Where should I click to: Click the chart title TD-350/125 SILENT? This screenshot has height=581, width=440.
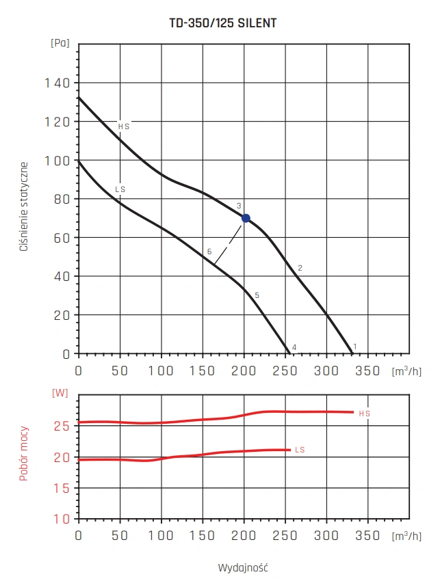point(222,23)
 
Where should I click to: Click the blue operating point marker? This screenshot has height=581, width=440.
point(246,218)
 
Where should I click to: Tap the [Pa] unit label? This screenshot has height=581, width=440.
point(60,42)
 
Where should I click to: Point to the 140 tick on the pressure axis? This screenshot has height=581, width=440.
point(58,83)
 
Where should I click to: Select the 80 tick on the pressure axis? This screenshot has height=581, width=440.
point(62,199)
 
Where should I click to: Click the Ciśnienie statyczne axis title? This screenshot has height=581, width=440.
point(24,206)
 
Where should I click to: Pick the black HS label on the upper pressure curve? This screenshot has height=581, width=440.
point(123,126)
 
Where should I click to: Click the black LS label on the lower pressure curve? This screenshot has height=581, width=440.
point(120,189)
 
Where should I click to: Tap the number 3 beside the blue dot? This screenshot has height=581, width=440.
point(239,206)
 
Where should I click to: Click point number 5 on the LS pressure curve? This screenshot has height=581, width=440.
point(257,295)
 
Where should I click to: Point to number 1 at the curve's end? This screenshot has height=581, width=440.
point(354,347)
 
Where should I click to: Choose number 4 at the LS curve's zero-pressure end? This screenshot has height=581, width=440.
point(294,348)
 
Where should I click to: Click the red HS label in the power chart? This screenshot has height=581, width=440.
point(365,414)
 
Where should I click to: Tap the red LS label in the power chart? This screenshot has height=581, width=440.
point(300,450)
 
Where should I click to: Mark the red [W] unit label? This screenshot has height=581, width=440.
point(60,393)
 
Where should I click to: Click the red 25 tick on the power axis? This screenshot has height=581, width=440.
point(62,425)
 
